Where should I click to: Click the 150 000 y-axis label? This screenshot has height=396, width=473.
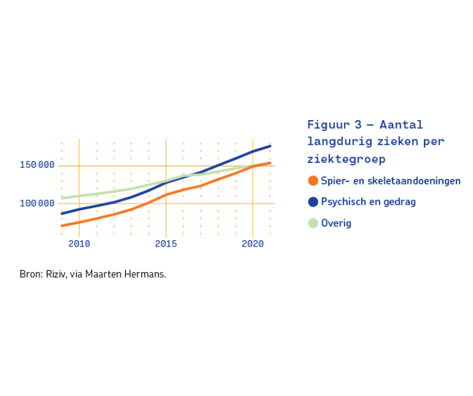coord(37,165)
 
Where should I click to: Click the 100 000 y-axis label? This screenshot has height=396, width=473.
coord(37,203)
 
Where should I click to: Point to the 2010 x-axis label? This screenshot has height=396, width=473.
coord(79,244)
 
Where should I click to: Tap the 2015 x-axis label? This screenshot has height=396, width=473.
coord(166,244)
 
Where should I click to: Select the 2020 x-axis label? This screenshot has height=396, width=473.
coord(252,244)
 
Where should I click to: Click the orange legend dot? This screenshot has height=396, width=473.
coord(313,181)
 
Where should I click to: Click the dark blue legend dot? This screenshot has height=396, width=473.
coord(313,202)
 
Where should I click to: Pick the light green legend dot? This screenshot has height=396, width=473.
coord(313,224)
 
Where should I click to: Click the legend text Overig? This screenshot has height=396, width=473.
coord(336,224)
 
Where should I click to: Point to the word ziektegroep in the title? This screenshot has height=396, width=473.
coord(346,159)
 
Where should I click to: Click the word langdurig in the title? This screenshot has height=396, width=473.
coord(339,142)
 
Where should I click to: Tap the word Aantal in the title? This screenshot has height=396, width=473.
coord(401,125)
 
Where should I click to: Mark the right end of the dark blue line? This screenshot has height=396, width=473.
coord(270,146)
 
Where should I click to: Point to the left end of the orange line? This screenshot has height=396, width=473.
coord(62,225)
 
